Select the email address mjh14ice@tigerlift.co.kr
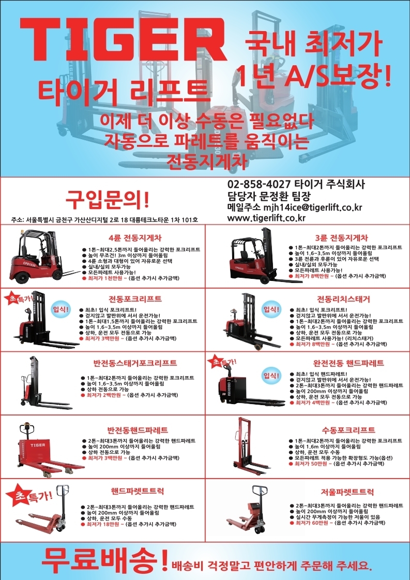(312, 207)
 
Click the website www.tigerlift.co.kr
(266, 218)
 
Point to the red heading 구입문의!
(108, 200)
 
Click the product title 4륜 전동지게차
(135, 237)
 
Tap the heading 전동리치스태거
(343, 299)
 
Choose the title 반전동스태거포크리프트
(134, 363)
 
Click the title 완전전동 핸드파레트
(348, 363)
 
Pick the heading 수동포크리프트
(348, 430)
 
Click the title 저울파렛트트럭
(347, 492)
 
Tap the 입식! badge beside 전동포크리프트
(60, 309)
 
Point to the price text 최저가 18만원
(103, 524)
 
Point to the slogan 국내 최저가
(313, 43)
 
